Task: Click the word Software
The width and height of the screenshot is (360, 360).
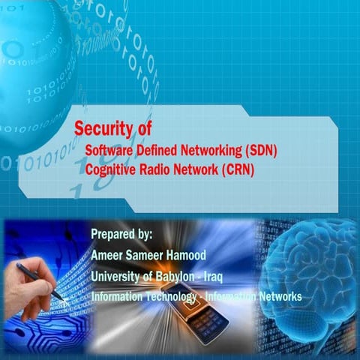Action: (109, 151)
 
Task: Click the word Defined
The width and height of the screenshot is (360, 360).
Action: (156, 151)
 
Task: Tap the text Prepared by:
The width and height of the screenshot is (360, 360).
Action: (121, 235)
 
